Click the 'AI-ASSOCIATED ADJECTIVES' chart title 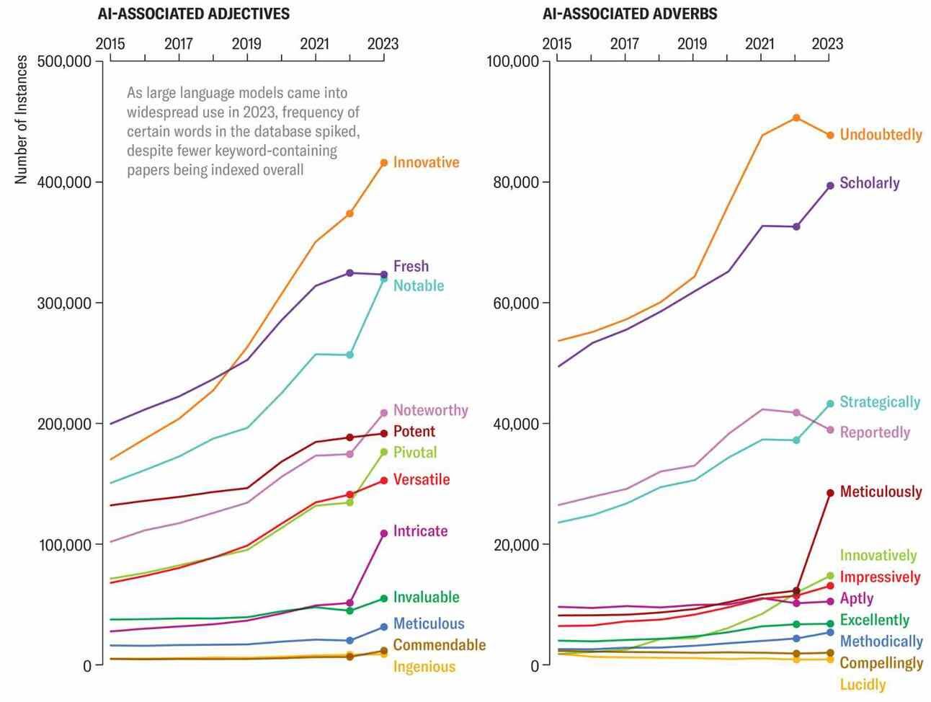tap(193, 14)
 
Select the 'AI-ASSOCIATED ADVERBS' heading tap(630, 14)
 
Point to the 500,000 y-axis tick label tap(63, 62)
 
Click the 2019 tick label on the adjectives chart tap(246, 43)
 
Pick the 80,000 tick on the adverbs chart tap(515, 182)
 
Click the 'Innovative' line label tap(426, 162)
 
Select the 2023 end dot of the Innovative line tap(384, 163)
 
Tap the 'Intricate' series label tap(420, 531)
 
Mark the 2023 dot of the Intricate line tap(384, 533)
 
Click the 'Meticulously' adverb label tap(881, 492)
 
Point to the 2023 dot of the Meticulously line tap(830, 493)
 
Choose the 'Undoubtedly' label tap(881, 135)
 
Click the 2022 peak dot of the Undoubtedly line tap(796, 117)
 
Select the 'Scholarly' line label tap(869, 183)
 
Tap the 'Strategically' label tap(879, 402)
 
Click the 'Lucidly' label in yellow tap(863, 685)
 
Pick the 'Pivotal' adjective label tap(415, 453)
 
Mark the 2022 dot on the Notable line tap(350, 355)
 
